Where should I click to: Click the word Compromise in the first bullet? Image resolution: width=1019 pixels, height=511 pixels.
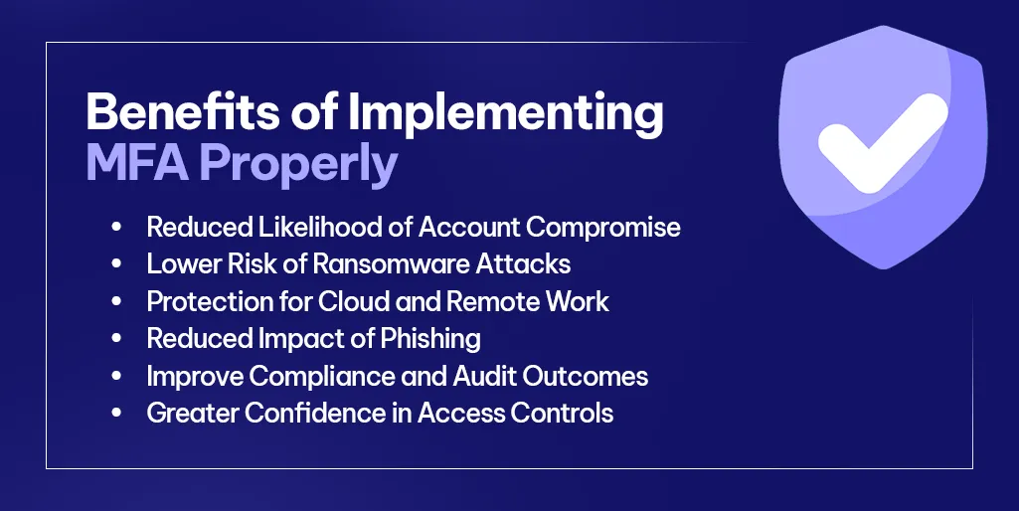[x=603, y=227]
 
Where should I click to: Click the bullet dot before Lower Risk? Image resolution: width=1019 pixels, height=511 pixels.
[x=116, y=264]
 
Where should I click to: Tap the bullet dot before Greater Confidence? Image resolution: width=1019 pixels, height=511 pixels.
[x=116, y=414]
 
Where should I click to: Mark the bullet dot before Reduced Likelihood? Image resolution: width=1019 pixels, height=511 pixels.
[x=116, y=228]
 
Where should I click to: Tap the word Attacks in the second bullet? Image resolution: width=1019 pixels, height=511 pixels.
[x=533, y=263]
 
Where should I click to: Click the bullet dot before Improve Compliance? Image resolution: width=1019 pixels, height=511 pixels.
[x=116, y=377]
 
